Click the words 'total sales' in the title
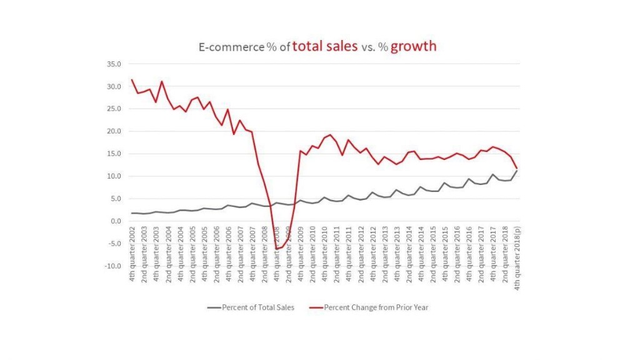pos(325,46)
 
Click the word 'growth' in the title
pos(413,46)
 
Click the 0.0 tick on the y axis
pos(115,221)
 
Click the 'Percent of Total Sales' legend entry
pos(254,307)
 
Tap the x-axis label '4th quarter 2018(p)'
pos(517,257)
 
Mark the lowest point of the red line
pos(277,249)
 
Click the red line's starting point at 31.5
pos(132,80)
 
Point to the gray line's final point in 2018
pos(517,171)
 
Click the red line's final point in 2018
pos(517,168)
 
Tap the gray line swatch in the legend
pos(212,307)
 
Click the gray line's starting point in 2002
pos(132,213)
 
